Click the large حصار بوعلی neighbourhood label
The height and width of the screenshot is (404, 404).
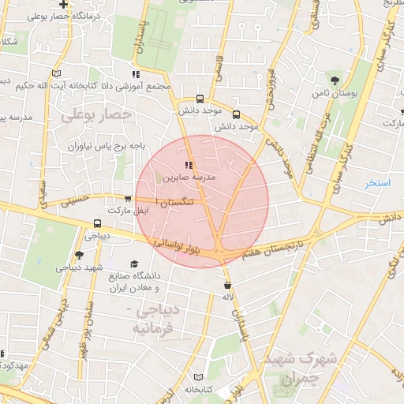(x=99, y=116)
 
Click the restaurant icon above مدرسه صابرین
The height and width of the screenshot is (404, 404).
(x=188, y=165)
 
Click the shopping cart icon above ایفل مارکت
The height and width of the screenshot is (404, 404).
(x=129, y=199)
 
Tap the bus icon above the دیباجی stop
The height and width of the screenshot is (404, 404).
(x=97, y=223)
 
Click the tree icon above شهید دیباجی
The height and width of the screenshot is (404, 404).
(x=78, y=255)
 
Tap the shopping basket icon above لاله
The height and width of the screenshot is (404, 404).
(x=228, y=286)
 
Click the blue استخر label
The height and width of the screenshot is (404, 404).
(x=378, y=183)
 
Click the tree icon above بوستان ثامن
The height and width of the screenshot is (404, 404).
(x=335, y=80)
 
